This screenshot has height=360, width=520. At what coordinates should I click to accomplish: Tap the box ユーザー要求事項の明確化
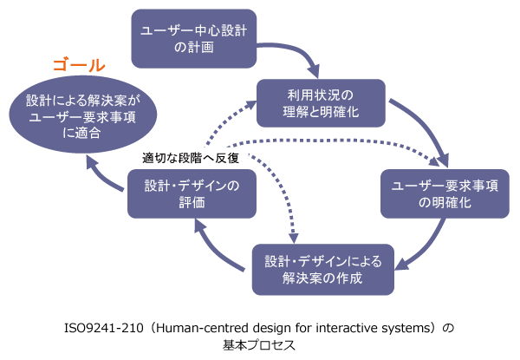[x=443, y=193]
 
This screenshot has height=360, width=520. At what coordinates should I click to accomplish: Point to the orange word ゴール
[x=79, y=65]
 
